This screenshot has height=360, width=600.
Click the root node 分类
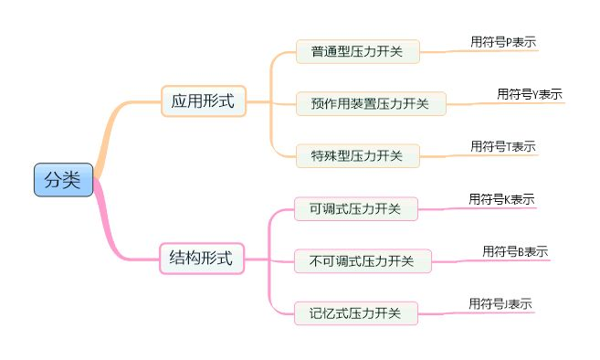pyautogui.click(x=63, y=180)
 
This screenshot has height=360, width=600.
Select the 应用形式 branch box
pyautogui.click(x=203, y=101)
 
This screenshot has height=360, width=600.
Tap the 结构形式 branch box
pyautogui.click(x=202, y=259)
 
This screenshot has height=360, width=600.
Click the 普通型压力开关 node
pyautogui.click(x=357, y=51)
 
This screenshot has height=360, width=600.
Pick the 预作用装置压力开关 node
pyautogui.click(x=370, y=103)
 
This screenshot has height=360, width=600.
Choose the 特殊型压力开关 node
pyautogui.click(x=357, y=155)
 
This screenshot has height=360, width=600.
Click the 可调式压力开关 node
pyautogui.click(x=355, y=208)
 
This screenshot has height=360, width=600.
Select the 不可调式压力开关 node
pyautogui.click(x=362, y=261)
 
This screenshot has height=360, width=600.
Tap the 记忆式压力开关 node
pyautogui.click(x=355, y=313)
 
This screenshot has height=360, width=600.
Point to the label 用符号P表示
pyautogui.click(x=502, y=41)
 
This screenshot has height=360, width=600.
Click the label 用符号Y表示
pyautogui.click(x=529, y=93)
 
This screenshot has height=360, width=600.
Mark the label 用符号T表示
pyautogui.click(x=502, y=146)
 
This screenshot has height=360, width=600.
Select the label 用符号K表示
pyautogui.click(x=501, y=199)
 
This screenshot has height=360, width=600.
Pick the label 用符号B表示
pyautogui.click(x=515, y=251)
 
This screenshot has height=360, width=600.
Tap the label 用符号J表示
pyautogui.click(x=500, y=303)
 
